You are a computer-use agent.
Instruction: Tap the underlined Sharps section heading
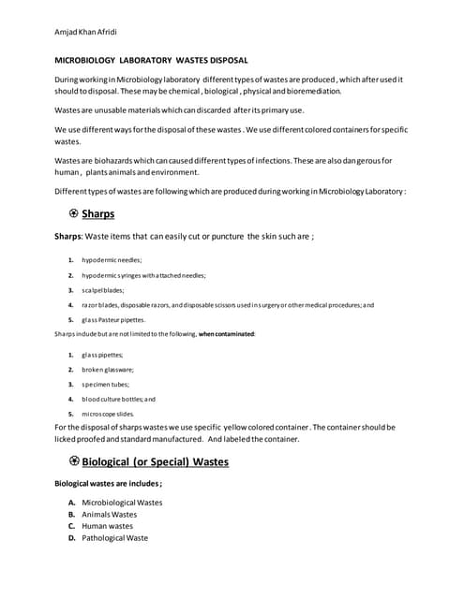pyautogui.click(x=97, y=213)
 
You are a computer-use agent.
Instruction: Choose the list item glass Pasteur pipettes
pyautogui.click(x=113, y=319)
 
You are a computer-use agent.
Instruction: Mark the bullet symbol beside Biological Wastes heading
pyautogui.click(x=74, y=461)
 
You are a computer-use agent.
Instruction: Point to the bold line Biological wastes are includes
pyautogui.click(x=109, y=485)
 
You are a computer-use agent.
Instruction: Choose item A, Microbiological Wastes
pyautogui.click(x=122, y=503)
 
